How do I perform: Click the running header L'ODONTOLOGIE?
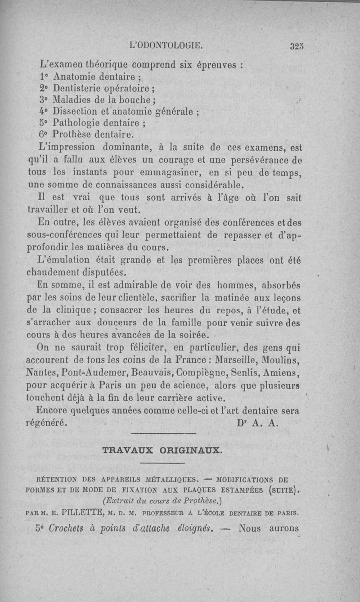pos(166,45)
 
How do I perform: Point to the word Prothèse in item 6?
pos(73,134)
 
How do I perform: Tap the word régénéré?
pos(47,423)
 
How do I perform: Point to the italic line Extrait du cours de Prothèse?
pos(162,500)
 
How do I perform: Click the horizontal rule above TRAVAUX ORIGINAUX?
pos(163,433)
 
